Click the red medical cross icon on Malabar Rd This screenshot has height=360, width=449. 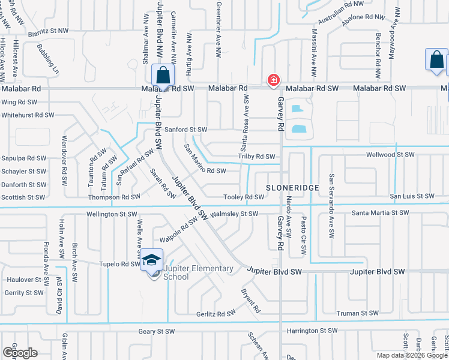(273, 80)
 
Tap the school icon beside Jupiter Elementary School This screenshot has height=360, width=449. (151, 260)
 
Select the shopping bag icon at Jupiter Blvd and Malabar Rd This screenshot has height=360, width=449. (163, 76)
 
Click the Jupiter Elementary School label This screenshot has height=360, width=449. (198, 272)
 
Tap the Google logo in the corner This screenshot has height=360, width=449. (20, 353)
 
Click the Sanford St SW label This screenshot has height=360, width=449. (185, 130)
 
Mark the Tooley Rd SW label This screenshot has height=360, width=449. (244, 197)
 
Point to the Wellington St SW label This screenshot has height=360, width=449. (112, 214)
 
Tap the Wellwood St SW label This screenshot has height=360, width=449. (391, 155)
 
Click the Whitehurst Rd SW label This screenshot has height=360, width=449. (28, 115)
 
